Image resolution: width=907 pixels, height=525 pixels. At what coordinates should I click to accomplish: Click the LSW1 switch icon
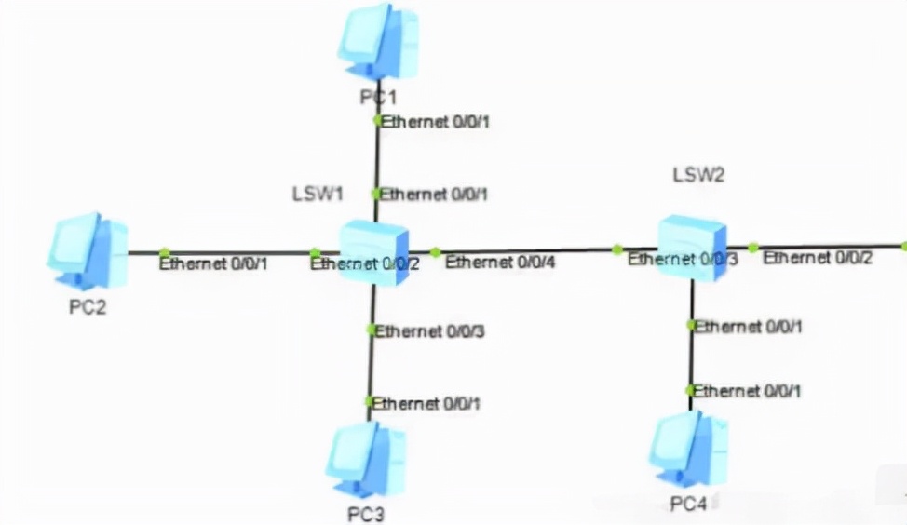pos(373,252)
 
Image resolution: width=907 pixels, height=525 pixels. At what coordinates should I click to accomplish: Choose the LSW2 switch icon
pos(691,244)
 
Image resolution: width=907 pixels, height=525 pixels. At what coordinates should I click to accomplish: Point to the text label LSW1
pos(318,194)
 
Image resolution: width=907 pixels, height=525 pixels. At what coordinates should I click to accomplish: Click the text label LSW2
pos(698,174)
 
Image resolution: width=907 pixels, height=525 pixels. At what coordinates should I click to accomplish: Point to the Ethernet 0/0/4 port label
pos(499,262)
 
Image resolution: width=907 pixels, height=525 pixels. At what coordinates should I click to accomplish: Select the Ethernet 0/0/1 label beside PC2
pos(213,263)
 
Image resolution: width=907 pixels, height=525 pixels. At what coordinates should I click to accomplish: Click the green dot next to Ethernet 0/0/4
pos(435,252)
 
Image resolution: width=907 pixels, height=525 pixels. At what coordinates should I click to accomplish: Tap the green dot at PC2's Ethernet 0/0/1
pos(164,252)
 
